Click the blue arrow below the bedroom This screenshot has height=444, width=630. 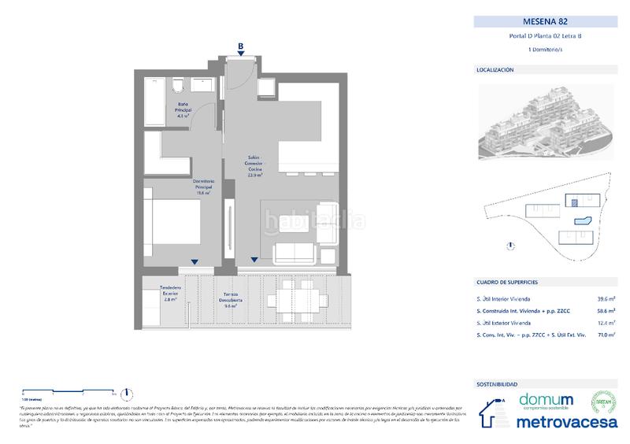tap(194, 261)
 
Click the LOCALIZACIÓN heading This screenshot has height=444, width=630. tap(495, 70)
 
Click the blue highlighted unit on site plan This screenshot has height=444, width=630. tap(584, 221)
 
